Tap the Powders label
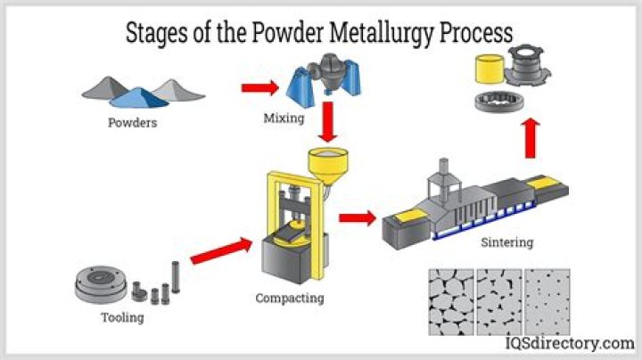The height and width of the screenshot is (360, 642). [x=131, y=123]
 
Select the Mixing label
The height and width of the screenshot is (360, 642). [x=284, y=118]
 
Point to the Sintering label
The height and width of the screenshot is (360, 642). [x=506, y=241]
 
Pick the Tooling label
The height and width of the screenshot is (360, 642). [x=122, y=317]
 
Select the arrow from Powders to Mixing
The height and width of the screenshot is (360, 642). [x=259, y=87]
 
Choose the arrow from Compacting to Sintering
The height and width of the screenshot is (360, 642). [x=357, y=217]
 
